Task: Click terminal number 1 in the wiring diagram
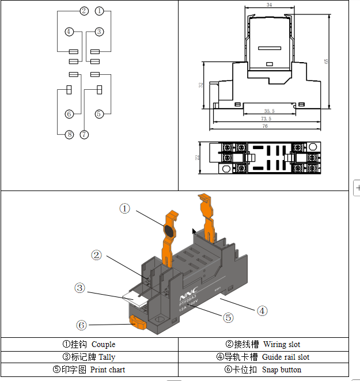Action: pos(100,11)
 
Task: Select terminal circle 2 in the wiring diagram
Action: pos(84,11)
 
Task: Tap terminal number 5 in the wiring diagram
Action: pos(99,114)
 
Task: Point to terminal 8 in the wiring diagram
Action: pos(69,135)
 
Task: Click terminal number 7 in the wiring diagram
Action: pos(85,135)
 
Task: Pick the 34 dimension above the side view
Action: pos(270,5)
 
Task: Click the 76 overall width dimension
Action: pos(265,125)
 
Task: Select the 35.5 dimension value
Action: pos(269,111)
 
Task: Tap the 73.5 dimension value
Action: pos(266,118)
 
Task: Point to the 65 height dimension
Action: pos(327,62)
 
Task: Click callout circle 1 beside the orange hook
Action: pos(125,208)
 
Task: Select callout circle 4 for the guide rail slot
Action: pos(262,311)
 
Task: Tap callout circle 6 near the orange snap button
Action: pos(82,325)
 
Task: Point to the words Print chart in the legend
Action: pos(108,369)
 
